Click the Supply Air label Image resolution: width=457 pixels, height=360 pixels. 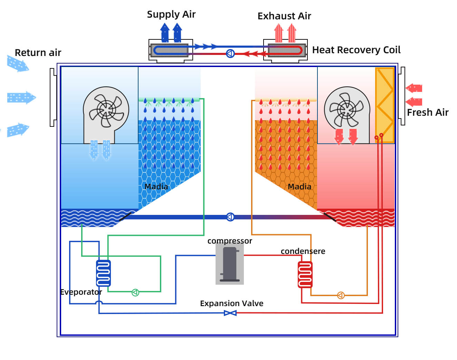(171, 15)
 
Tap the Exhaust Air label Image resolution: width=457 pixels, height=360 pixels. (284, 16)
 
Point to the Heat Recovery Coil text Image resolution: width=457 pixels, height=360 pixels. (356, 50)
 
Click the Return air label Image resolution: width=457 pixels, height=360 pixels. (38, 53)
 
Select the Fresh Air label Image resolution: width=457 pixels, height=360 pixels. (428, 112)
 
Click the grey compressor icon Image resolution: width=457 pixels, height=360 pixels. (230, 264)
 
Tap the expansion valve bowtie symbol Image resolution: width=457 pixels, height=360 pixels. (230, 313)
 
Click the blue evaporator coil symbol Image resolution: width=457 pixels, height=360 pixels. (103, 273)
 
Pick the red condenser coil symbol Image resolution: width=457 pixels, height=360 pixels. (305, 275)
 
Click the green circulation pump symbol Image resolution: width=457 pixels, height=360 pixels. (135, 293)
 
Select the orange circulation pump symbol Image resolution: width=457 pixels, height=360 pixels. (341, 295)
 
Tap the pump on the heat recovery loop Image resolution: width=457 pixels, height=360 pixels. (230, 54)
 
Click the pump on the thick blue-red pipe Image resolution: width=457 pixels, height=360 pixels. (230, 217)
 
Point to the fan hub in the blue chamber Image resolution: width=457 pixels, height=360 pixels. (106, 110)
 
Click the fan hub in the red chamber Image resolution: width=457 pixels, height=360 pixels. (346, 110)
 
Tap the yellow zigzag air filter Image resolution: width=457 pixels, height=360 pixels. (385, 105)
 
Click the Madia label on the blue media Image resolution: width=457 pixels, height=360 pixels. (156, 187)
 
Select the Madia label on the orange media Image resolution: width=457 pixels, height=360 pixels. (299, 187)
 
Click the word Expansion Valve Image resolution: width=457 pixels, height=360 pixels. (232, 303)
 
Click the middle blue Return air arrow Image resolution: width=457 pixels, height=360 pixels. (21, 98)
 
